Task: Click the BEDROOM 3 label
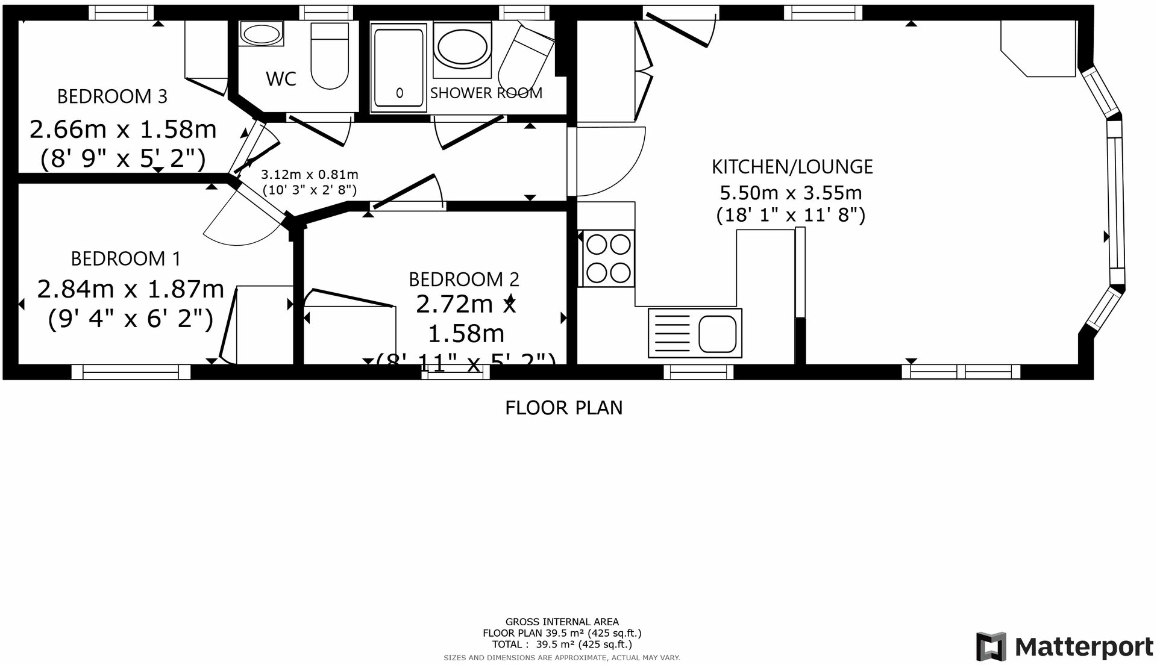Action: point(112,96)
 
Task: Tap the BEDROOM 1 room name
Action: point(125,258)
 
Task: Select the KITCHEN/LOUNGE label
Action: point(792,167)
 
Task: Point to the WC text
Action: point(281,79)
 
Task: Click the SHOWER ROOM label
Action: point(486,93)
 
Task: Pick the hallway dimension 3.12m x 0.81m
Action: point(309,175)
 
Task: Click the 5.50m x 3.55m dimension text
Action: point(791,193)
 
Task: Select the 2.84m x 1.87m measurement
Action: point(130,289)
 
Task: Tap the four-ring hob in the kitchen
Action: point(608,258)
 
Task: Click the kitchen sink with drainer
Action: point(695,332)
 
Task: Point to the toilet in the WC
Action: point(329,56)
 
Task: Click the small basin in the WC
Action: point(261,34)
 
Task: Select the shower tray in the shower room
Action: point(398,67)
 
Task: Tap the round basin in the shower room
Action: point(462,49)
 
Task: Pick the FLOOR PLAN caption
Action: point(563,408)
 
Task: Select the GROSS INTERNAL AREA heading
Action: point(562,622)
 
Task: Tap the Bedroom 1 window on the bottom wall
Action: point(131,372)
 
